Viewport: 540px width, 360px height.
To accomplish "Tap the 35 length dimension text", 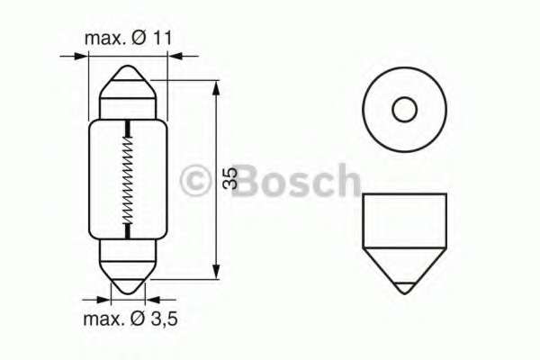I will tap(230, 179).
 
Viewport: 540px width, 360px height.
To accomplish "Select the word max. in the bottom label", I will tap(104, 319).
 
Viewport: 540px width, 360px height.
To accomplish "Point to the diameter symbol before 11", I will tap(139, 39).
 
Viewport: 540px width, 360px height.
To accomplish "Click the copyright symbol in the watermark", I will tap(195, 180).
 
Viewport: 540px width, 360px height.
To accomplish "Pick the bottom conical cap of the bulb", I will tap(129, 271).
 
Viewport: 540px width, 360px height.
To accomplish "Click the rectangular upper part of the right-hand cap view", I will tap(403, 220).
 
